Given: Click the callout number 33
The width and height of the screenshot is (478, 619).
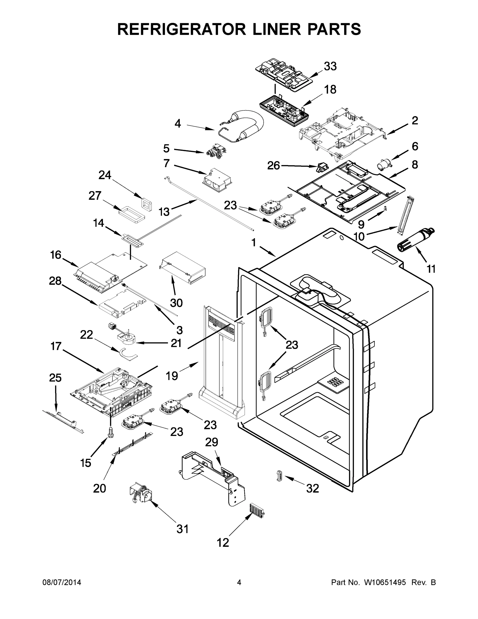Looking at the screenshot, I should pos(330,66).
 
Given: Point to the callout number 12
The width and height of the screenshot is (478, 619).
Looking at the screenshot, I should pos(223,543).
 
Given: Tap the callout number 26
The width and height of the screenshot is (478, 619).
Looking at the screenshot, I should pos(273,166).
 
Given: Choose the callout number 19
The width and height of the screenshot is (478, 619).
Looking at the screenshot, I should pos(172,376).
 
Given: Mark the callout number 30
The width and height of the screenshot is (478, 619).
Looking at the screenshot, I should pos(176,303).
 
